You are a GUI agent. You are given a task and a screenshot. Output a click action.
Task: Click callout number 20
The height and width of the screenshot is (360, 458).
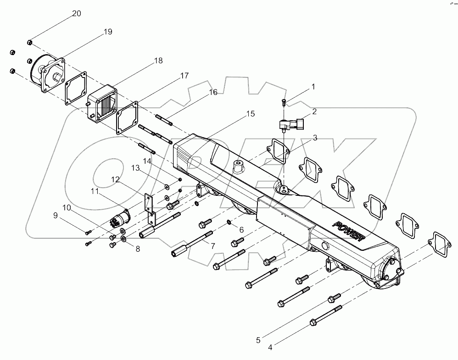click(x=77, y=13)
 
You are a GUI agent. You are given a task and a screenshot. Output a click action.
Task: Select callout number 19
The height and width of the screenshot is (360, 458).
click(x=108, y=32)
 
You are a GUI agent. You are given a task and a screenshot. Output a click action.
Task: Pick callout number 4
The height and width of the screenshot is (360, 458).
click(x=270, y=347)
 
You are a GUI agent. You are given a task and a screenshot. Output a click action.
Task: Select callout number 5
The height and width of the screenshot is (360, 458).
click(x=258, y=340)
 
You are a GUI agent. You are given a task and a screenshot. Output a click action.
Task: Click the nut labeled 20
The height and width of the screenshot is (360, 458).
click(x=29, y=42)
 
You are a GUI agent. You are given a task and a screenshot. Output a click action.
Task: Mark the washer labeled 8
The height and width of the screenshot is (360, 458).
click(x=123, y=239)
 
